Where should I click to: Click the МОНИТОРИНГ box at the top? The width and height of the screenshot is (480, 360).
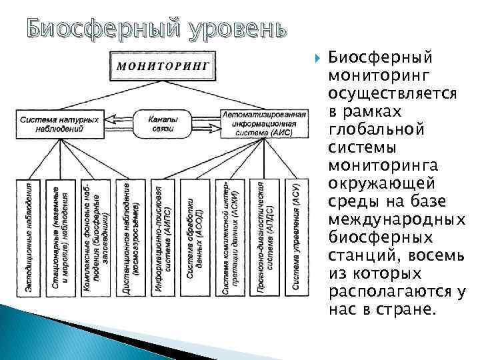click(x=164, y=65)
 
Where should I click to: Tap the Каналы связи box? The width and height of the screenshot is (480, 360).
click(x=163, y=123)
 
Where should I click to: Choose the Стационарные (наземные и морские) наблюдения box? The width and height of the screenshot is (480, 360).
click(x=61, y=237)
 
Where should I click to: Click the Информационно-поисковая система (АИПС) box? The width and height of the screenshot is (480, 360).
click(x=165, y=237)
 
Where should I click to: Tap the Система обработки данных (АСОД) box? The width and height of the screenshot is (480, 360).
click(x=198, y=237)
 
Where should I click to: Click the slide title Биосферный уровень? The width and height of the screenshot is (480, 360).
click(x=150, y=28)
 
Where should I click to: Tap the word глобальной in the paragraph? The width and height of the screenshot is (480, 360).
click(x=377, y=129)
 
